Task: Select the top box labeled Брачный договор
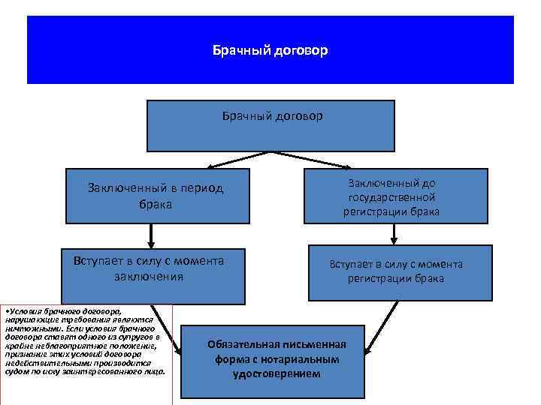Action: click(270, 126)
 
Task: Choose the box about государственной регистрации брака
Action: click(392, 197)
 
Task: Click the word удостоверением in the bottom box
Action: click(277, 373)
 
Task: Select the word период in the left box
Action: click(203, 188)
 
